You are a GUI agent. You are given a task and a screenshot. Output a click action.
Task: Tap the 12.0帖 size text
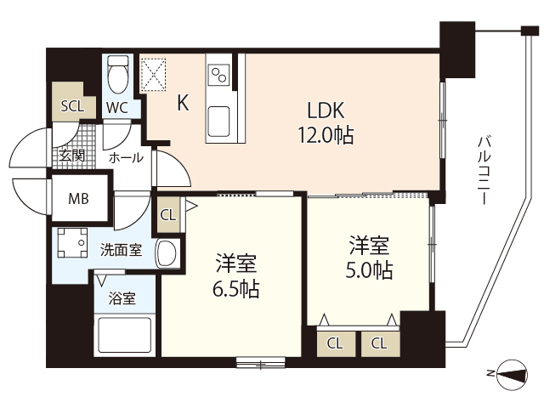point(326,134)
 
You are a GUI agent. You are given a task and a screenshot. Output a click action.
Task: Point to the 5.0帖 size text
point(370,270)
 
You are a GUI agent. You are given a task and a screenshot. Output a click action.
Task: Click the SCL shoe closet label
point(72,106)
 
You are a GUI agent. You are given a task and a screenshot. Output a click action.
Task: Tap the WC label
point(118,107)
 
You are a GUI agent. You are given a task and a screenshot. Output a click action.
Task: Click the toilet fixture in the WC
point(119,74)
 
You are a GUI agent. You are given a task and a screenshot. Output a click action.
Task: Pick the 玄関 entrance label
point(71,155)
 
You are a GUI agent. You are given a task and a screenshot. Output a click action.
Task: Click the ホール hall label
point(126,157)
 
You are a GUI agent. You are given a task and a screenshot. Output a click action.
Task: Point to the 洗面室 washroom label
point(121,250)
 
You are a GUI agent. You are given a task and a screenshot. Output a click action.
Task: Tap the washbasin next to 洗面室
point(168,252)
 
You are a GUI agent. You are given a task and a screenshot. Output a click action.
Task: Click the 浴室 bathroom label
point(122,298)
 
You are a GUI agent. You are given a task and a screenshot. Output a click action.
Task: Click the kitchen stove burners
point(218,71)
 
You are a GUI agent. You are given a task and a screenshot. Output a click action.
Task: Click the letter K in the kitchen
point(183,103)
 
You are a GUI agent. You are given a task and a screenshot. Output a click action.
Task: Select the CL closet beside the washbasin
point(168,214)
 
